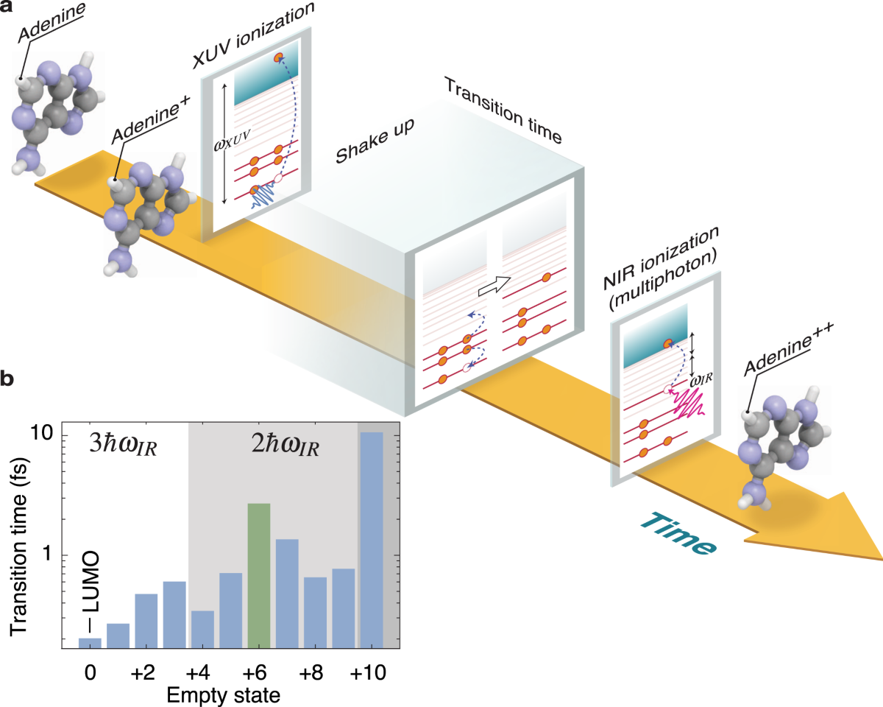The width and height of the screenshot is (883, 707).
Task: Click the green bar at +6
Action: (259, 575)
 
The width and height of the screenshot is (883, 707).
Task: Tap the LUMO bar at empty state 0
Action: (90, 643)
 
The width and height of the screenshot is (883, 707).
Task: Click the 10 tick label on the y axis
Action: (43, 435)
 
